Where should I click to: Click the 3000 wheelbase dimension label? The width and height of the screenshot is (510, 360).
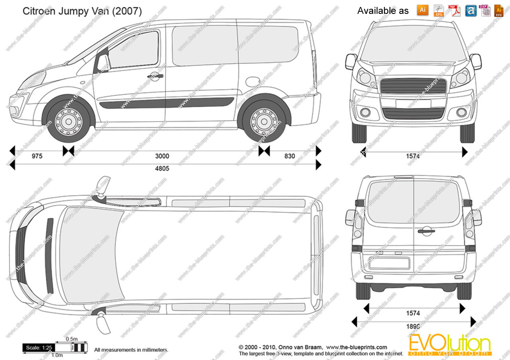[x=162, y=156]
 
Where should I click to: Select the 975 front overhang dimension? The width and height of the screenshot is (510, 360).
[x=37, y=156]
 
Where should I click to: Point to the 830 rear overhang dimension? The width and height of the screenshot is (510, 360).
[x=290, y=156]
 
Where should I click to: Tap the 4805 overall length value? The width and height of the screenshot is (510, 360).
[x=162, y=168]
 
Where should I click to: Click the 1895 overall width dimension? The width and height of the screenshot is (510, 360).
[x=413, y=326]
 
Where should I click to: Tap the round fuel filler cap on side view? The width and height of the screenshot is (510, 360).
[x=253, y=82]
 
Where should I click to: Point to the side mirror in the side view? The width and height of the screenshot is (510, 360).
[x=103, y=63]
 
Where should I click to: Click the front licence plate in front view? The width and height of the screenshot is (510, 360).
[x=413, y=104]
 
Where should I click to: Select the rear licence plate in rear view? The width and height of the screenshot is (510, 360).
[x=389, y=263]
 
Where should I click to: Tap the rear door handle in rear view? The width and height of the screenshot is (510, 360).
[x=426, y=230]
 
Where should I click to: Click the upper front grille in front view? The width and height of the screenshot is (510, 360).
[x=414, y=86]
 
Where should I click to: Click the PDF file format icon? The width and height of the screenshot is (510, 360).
[x=454, y=10]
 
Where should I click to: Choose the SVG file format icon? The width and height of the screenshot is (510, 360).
[x=499, y=10]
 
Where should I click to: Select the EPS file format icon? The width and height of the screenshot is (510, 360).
[x=439, y=10]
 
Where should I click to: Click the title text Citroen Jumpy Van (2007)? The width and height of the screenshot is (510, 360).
[x=82, y=11]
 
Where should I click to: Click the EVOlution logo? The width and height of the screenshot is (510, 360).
[x=449, y=344]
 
